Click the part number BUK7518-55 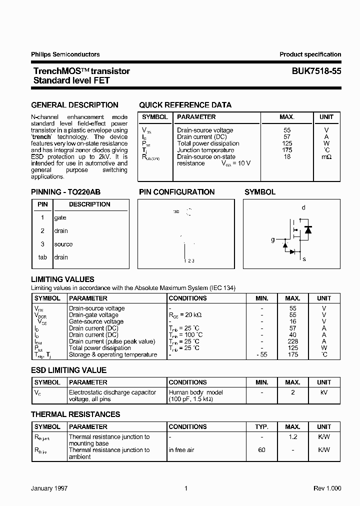[316, 71]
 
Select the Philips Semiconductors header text [65, 54]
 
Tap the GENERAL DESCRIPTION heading [75, 105]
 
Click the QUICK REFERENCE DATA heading [185, 105]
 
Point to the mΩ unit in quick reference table [326, 157]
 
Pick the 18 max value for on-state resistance [286, 157]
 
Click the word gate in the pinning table [60, 218]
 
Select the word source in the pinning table [63, 244]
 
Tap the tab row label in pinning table [42, 257]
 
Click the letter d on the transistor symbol [303, 207]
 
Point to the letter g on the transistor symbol [273, 240]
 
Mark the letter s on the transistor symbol [304, 259]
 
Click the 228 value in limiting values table [292, 341]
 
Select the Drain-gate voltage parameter [93, 315]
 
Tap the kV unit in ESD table [323, 393]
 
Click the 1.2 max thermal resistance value [292, 437]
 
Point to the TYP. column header [261, 427]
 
